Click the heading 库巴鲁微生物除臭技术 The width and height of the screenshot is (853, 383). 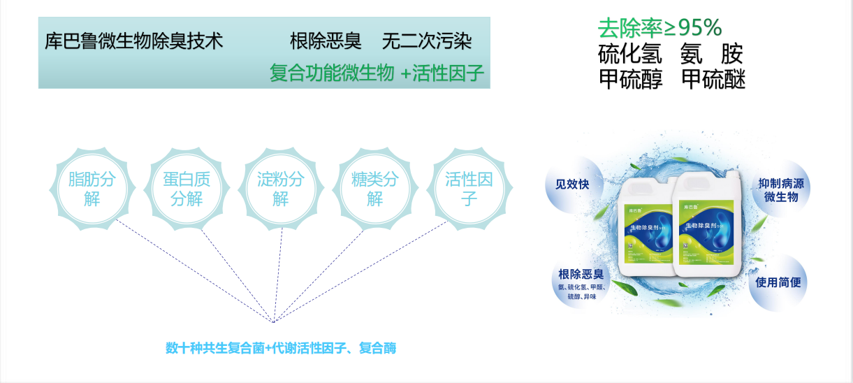click(133, 41)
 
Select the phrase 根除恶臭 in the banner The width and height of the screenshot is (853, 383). click(326, 41)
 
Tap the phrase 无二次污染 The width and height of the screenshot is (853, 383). click(426, 41)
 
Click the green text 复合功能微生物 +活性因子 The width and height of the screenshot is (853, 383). click(377, 73)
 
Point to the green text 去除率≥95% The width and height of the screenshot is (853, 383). click(659, 27)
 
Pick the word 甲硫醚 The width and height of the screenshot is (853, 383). click(713, 79)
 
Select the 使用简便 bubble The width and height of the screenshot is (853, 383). click(778, 283)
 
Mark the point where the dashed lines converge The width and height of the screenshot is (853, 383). click(274, 320)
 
